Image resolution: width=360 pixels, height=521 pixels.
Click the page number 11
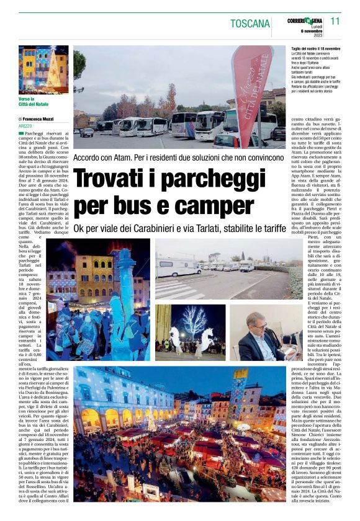click(335, 21)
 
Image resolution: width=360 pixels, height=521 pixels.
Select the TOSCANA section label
click(250, 24)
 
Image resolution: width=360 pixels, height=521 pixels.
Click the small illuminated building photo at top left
click(43, 69)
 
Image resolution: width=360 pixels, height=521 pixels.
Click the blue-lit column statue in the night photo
click(122, 298)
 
